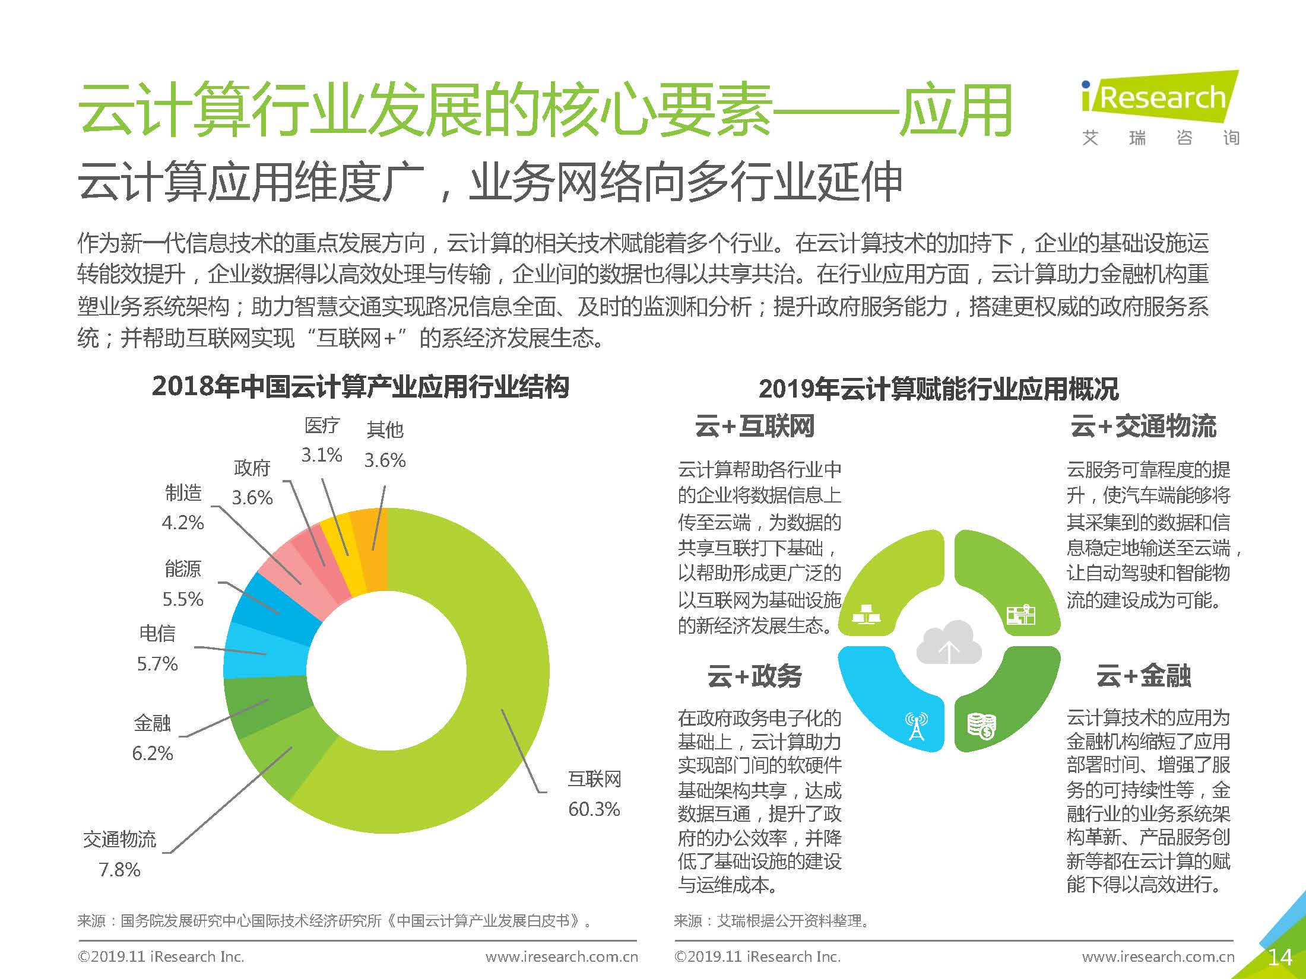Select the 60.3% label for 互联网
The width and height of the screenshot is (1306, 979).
coord(594,809)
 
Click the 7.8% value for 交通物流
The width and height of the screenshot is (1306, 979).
coord(119,869)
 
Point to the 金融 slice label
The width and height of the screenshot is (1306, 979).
coord(152,723)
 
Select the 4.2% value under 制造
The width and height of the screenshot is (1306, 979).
coord(183,523)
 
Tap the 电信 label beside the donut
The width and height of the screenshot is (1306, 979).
coord(157,633)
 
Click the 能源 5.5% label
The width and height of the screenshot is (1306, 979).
coord(183,584)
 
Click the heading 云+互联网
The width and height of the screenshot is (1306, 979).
coord(755,427)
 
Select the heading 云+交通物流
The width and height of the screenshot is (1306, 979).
coord(1143,427)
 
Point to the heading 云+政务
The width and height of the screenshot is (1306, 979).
coord(755,676)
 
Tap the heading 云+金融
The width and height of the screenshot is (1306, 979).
coord(1143,676)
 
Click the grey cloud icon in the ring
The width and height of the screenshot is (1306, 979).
coord(949,643)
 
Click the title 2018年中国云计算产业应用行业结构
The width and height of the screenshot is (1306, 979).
coord(360,387)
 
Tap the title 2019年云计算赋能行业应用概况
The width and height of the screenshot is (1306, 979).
coord(939,389)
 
